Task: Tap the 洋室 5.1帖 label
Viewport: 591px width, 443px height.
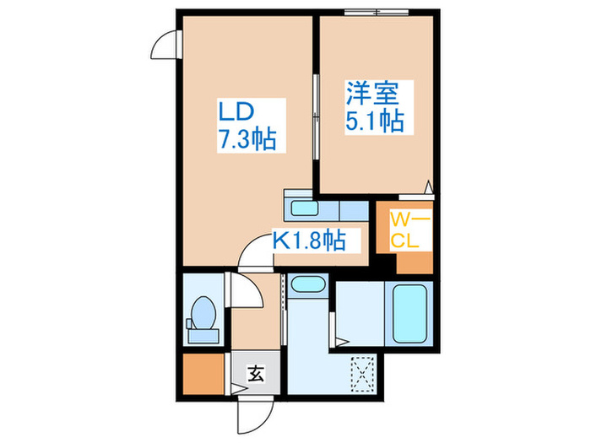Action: (x=373, y=105)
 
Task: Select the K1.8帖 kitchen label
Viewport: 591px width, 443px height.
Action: (x=308, y=240)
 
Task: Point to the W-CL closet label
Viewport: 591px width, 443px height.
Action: (x=411, y=230)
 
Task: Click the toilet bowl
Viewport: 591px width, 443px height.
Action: (x=203, y=314)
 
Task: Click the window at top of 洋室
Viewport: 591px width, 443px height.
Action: (x=375, y=12)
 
